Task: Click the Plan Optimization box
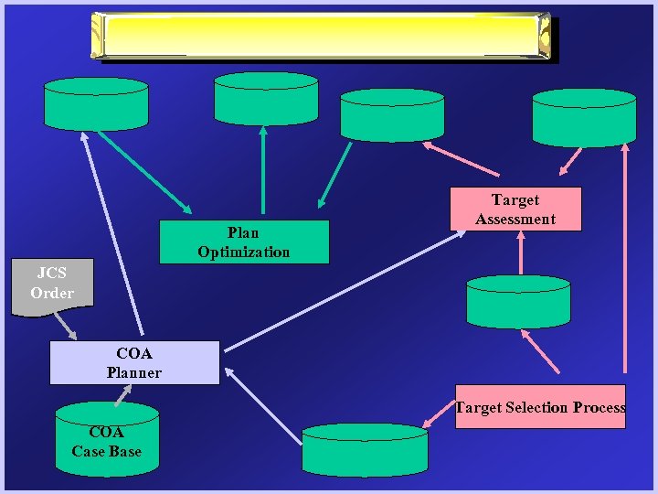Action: (243, 242)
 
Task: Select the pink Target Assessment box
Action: (515, 209)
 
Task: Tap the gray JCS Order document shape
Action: (51, 285)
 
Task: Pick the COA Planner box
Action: (133, 362)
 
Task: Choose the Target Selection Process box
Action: (540, 407)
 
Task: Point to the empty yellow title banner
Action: (322, 36)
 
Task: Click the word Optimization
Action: (243, 252)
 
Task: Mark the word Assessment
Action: (515, 219)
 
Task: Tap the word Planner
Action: (133, 372)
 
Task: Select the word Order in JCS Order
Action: (51, 293)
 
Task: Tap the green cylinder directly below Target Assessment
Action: (518, 302)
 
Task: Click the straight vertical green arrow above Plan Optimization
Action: (263, 171)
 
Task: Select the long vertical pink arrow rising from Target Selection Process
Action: (626, 265)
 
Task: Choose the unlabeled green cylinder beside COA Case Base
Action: (365, 449)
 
